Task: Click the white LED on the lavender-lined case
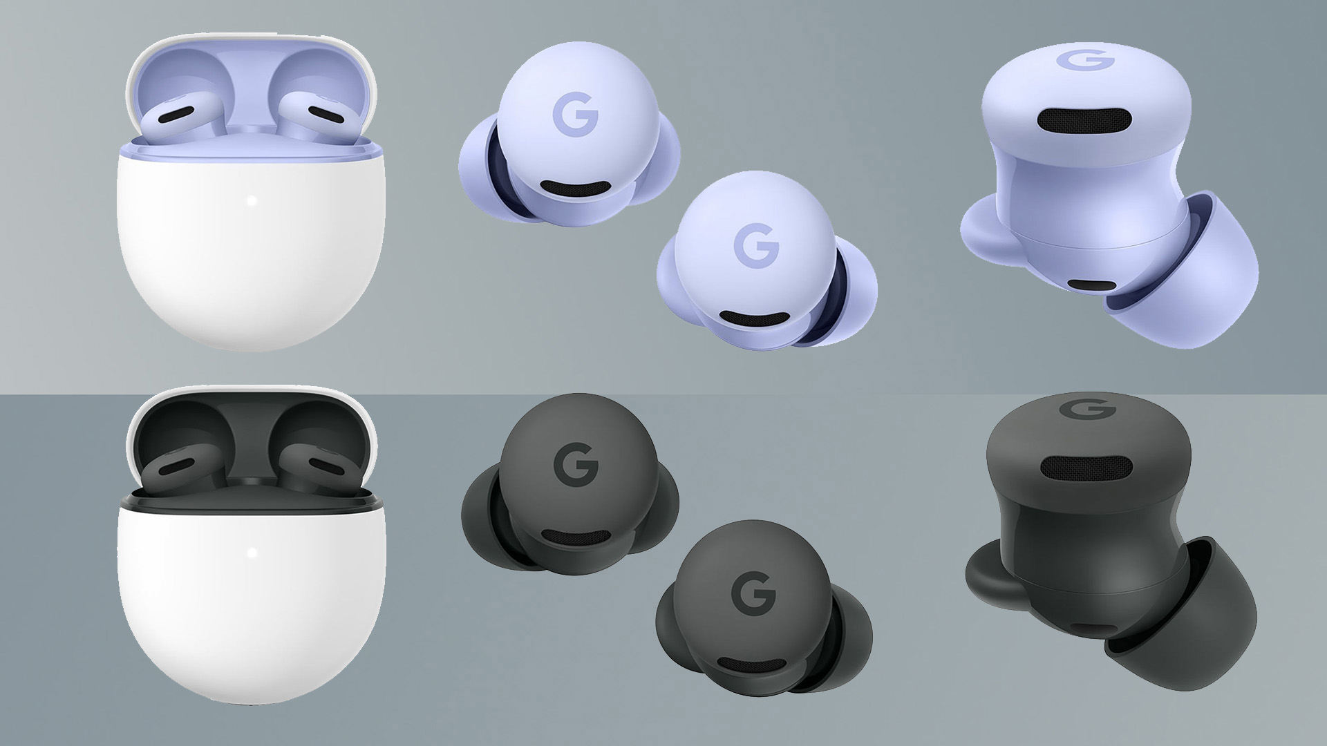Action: click(x=252, y=201)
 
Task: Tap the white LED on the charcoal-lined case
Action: click(x=252, y=552)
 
